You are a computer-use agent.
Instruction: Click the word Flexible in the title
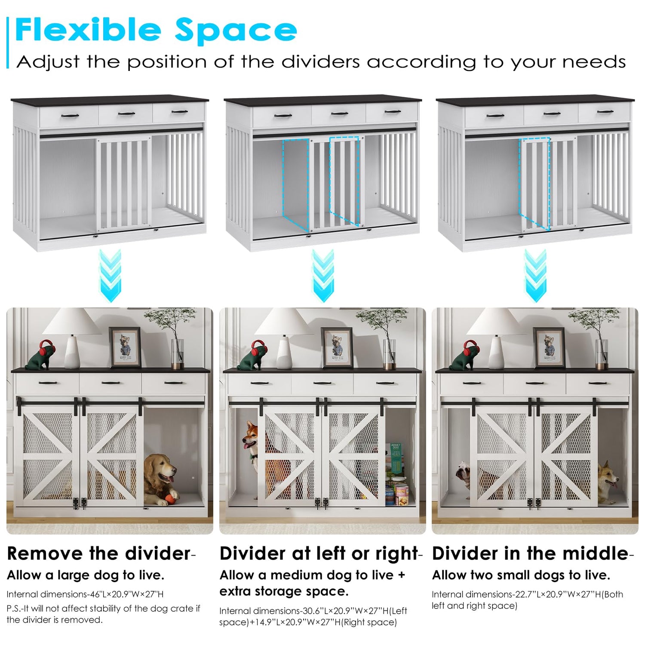pyautogui.click(x=88, y=30)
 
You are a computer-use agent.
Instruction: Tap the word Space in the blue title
pyautogui.click(x=236, y=31)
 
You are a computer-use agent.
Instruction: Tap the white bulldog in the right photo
pyautogui.click(x=463, y=475)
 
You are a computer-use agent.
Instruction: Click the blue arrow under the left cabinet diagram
pyautogui.click(x=110, y=275)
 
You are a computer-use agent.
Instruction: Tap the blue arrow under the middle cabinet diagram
pyautogui.click(x=323, y=275)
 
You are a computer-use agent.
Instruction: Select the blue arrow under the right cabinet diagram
pyautogui.click(x=535, y=275)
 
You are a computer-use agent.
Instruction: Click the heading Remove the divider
pyautogui.click(x=99, y=554)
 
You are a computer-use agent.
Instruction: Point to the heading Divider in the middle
pyautogui.click(x=530, y=554)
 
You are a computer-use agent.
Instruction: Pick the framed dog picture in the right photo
pyautogui.click(x=549, y=347)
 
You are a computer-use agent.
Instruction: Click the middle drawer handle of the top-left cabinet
pyautogui.click(x=126, y=114)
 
